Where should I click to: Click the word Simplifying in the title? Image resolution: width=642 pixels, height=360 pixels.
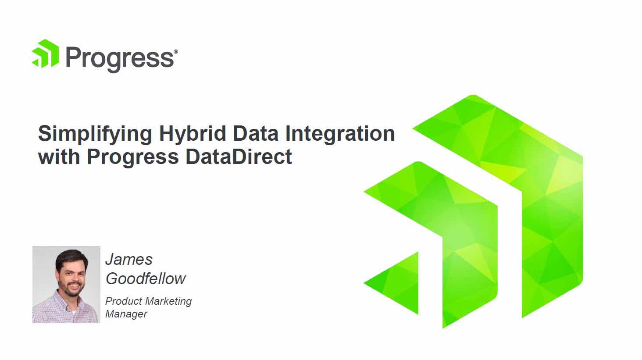click(x=95, y=134)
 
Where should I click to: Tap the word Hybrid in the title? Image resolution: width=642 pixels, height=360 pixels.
click(x=193, y=134)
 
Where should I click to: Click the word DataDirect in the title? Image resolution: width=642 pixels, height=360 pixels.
click(x=239, y=157)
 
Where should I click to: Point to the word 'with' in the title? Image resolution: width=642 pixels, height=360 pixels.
click(x=59, y=157)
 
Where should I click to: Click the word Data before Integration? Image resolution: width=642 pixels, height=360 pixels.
click(x=256, y=133)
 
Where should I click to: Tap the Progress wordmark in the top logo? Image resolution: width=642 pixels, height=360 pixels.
click(x=120, y=59)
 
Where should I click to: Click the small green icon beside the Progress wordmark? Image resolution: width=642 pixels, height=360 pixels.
click(x=45, y=53)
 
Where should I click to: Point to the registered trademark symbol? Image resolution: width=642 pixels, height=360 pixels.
click(x=176, y=52)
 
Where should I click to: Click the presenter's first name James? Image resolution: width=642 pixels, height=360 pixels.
click(x=129, y=260)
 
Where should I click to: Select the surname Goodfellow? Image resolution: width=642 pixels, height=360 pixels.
click(x=146, y=278)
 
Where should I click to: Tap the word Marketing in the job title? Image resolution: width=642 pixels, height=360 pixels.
click(x=168, y=302)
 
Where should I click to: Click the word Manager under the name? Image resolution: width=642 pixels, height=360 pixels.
click(x=126, y=314)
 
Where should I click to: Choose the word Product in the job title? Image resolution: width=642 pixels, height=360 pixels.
click(x=124, y=301)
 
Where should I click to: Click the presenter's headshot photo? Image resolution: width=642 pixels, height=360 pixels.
click(x=66, y=285)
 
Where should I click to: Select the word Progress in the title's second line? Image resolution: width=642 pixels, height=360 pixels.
click(x=133, y=157)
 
